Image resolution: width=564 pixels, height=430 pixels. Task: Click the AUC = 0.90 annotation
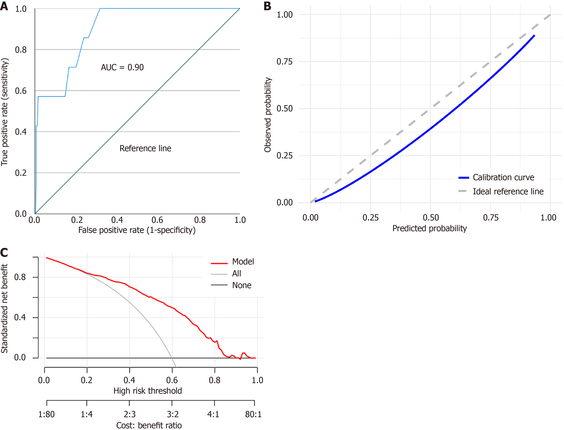(122, 67)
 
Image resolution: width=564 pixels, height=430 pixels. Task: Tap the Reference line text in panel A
(145, 149)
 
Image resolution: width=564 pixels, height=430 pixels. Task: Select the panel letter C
(4, 253)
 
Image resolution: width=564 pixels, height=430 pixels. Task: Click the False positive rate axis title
(137, 230)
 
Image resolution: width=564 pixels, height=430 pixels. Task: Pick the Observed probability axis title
(268, 115)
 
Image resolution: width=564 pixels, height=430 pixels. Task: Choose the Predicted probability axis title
(430, 228)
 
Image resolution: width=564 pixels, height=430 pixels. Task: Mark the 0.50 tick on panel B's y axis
(285, 109)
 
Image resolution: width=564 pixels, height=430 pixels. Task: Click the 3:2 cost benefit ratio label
(173, 414)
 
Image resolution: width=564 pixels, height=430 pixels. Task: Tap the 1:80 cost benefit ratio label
(46, 414)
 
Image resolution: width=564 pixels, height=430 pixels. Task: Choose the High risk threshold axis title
(148, 391)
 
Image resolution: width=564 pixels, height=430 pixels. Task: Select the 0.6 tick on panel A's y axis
(21, 91)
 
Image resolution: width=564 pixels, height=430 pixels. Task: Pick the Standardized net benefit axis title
(5, 308)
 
